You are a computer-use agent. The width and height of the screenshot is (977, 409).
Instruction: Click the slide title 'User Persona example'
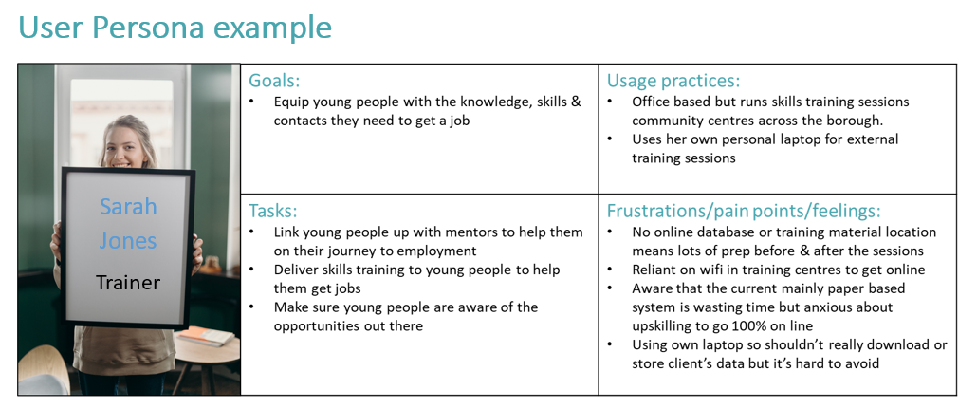point(175,28)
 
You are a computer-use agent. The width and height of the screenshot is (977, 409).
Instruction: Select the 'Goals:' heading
point(274,81)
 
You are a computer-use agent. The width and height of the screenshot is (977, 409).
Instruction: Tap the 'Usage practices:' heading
point(673,81)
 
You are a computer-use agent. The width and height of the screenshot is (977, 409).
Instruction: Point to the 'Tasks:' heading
point(273,211)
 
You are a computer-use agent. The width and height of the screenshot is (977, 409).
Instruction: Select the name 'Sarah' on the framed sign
point(128,206)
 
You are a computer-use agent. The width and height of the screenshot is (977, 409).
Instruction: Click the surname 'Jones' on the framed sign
point(128,240)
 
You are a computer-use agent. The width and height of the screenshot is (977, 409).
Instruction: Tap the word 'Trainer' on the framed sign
point(128,282)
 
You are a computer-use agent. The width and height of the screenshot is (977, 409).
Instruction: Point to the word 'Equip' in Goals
point(292,102)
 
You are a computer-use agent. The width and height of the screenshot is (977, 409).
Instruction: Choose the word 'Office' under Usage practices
point(654,102)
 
